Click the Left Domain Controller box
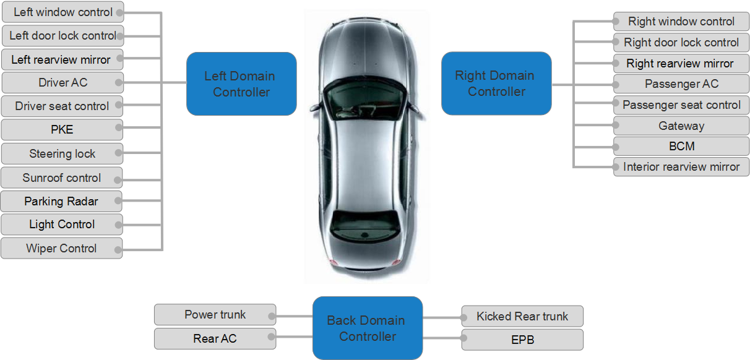[241, 84]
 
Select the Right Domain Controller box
[496, 83]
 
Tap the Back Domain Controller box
[367, 328]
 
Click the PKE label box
[62, 130]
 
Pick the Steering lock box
[62, 153]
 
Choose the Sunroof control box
[62, 178]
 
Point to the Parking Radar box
[62, 201]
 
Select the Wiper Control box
[62, 248]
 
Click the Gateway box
[681, 126]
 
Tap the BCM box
[681, 146]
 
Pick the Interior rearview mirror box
[681, 166]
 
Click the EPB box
[522, 340]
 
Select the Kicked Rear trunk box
[522, 316]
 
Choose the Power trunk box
[215, 314]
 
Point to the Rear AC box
[215, 338]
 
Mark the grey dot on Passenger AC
[617, 84]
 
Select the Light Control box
[62, 225]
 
